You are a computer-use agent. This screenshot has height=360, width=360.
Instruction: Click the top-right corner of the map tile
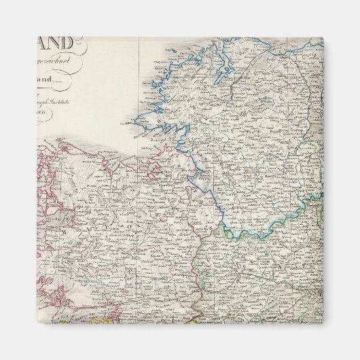coord(323,37)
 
